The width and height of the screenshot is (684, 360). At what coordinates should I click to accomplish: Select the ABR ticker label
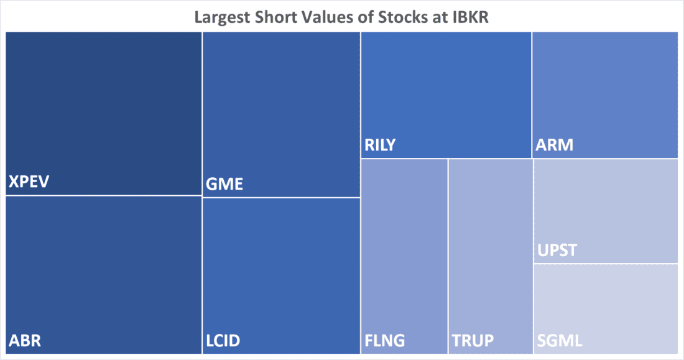(25, 341)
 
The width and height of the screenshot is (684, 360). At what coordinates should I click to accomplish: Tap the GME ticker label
(224, 185)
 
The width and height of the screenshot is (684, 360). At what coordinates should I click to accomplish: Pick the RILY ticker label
(380, 146)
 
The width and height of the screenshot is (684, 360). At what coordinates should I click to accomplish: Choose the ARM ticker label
(554, 146)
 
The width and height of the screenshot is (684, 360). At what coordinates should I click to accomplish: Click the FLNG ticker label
(385, 341)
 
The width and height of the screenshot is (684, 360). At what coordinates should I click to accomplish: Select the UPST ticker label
(557, 251)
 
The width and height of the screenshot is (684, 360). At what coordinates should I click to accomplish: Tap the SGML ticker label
(559, 341)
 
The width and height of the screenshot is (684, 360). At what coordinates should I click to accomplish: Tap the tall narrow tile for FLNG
(404, 249)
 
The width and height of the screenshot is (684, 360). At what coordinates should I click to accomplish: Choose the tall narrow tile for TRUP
(490, 249)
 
